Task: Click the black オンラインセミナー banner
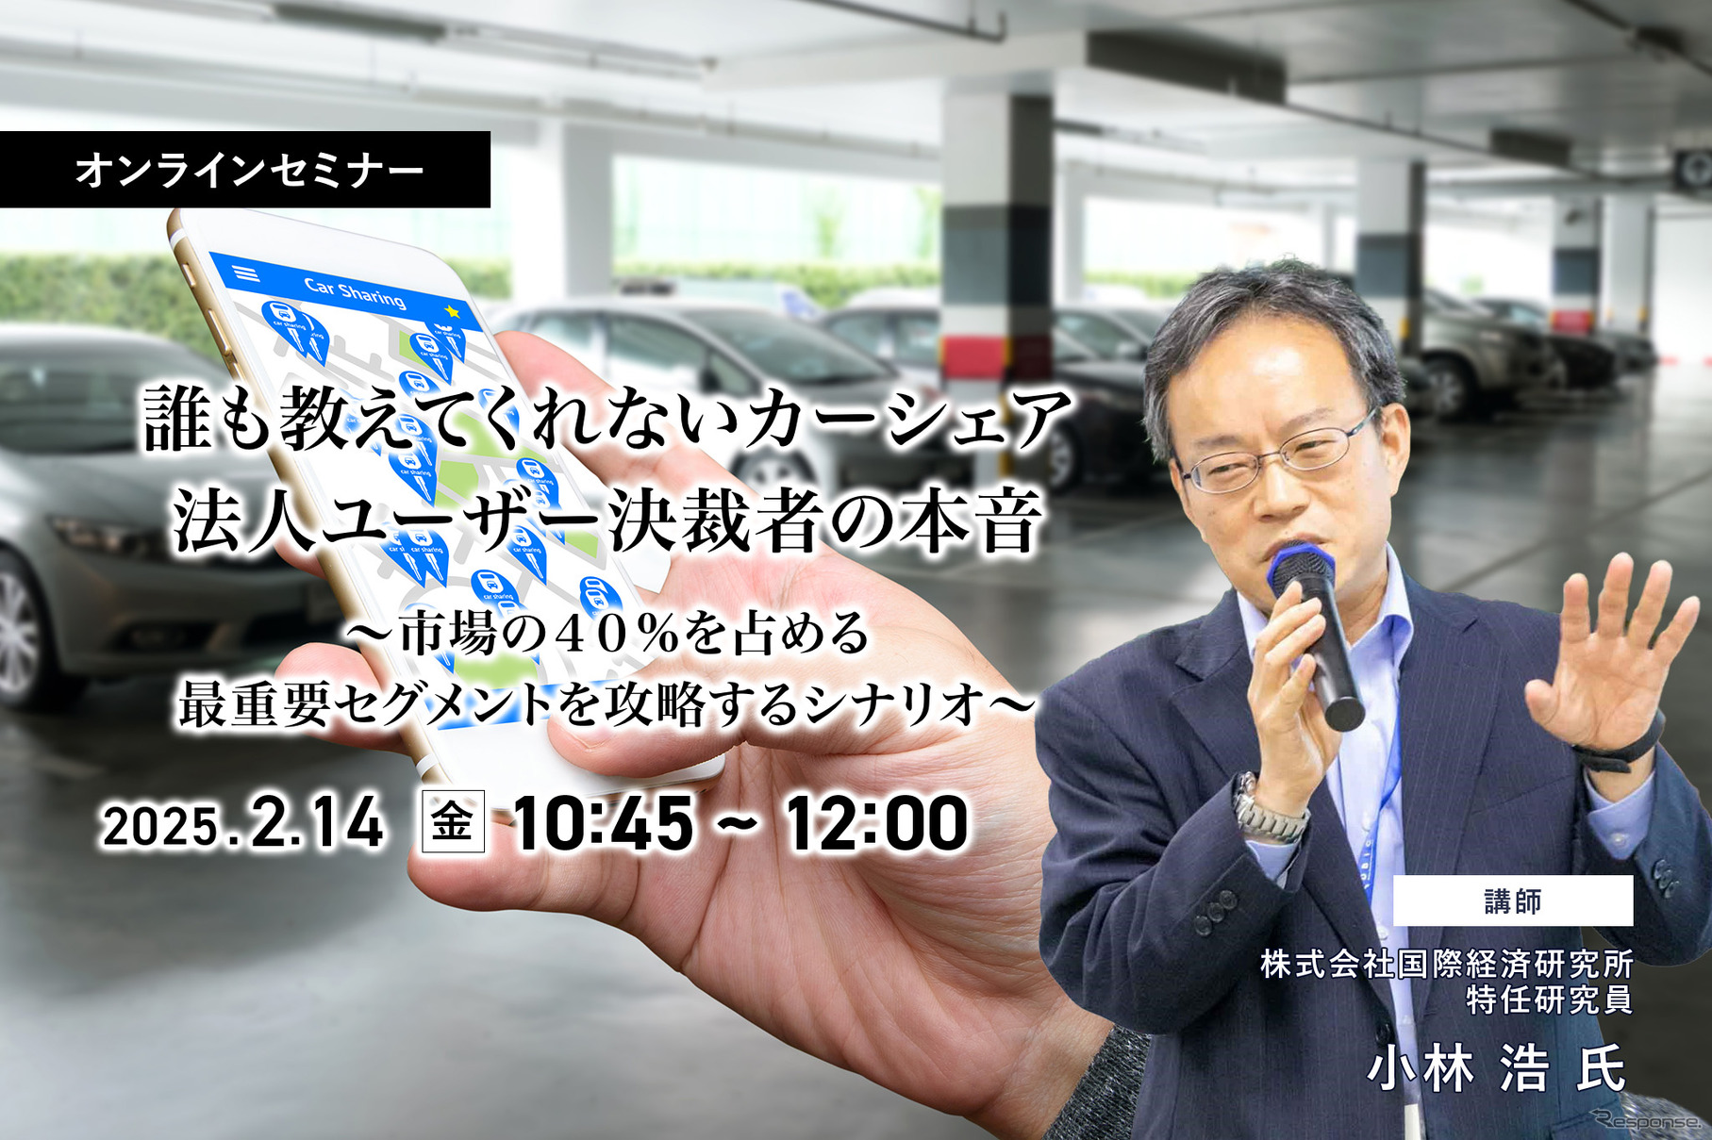245,170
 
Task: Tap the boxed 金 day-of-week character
453,821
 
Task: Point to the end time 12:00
877,822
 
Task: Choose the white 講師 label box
1513,900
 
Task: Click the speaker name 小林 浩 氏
1498,1068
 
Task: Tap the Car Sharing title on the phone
355,292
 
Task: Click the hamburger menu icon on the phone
246,273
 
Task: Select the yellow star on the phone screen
453,310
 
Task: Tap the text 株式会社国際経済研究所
1447,964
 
